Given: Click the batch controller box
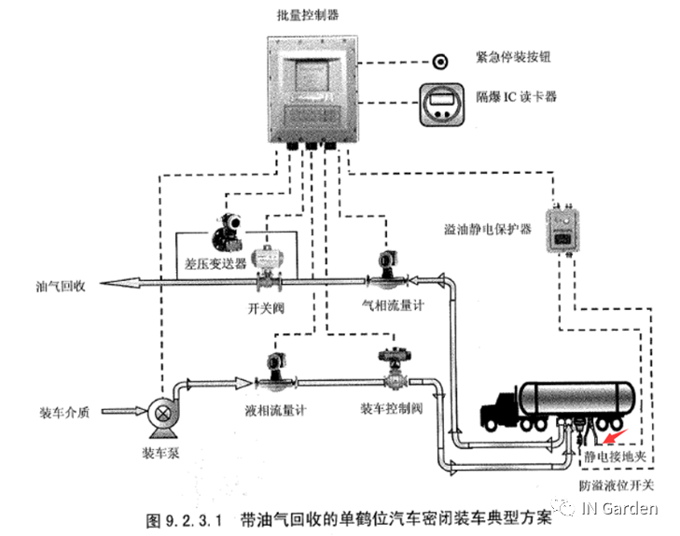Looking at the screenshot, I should coord(311,89).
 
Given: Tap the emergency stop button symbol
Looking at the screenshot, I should coord(438,62).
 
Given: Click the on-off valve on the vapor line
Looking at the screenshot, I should coord(269,273).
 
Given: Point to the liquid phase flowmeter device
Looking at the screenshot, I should coord(276,372).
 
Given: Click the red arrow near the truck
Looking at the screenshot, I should coord(617,430).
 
